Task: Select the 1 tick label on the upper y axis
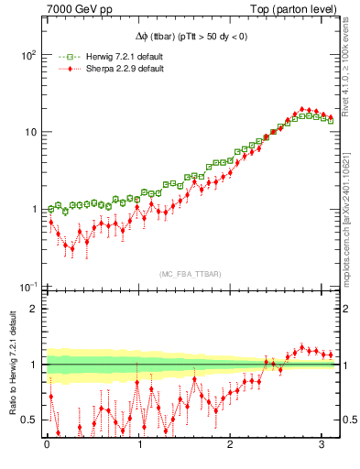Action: pyautogui.click(x=32, y=209)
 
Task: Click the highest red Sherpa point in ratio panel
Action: pyautogui.click(x=302, y=347)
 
